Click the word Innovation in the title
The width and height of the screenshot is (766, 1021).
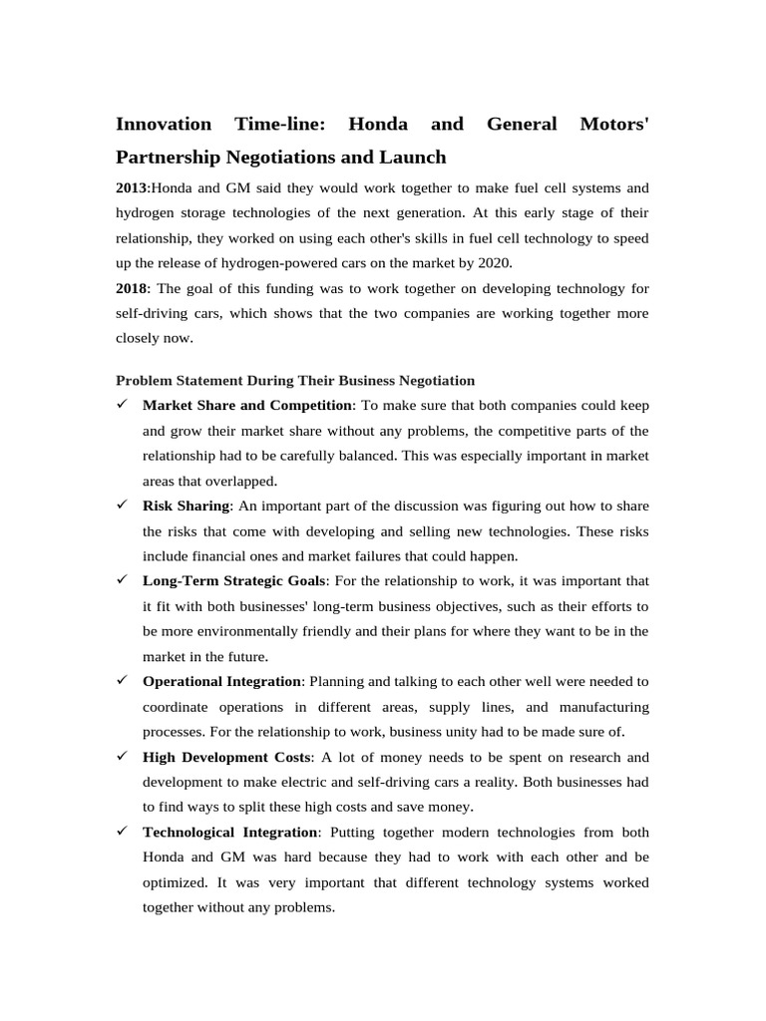point(164,125)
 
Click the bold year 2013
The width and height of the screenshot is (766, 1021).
point(132,187)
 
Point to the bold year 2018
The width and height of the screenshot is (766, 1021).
point(132,288)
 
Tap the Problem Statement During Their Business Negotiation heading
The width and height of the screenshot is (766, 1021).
point(295,380)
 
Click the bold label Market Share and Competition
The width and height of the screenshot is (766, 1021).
point(247,405)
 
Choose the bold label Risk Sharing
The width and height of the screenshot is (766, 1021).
point(186,506)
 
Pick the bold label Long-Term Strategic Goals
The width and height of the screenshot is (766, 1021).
point(233,580)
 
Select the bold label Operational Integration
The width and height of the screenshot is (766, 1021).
point(221,681)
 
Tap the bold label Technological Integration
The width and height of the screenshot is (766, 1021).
point(229,832)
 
